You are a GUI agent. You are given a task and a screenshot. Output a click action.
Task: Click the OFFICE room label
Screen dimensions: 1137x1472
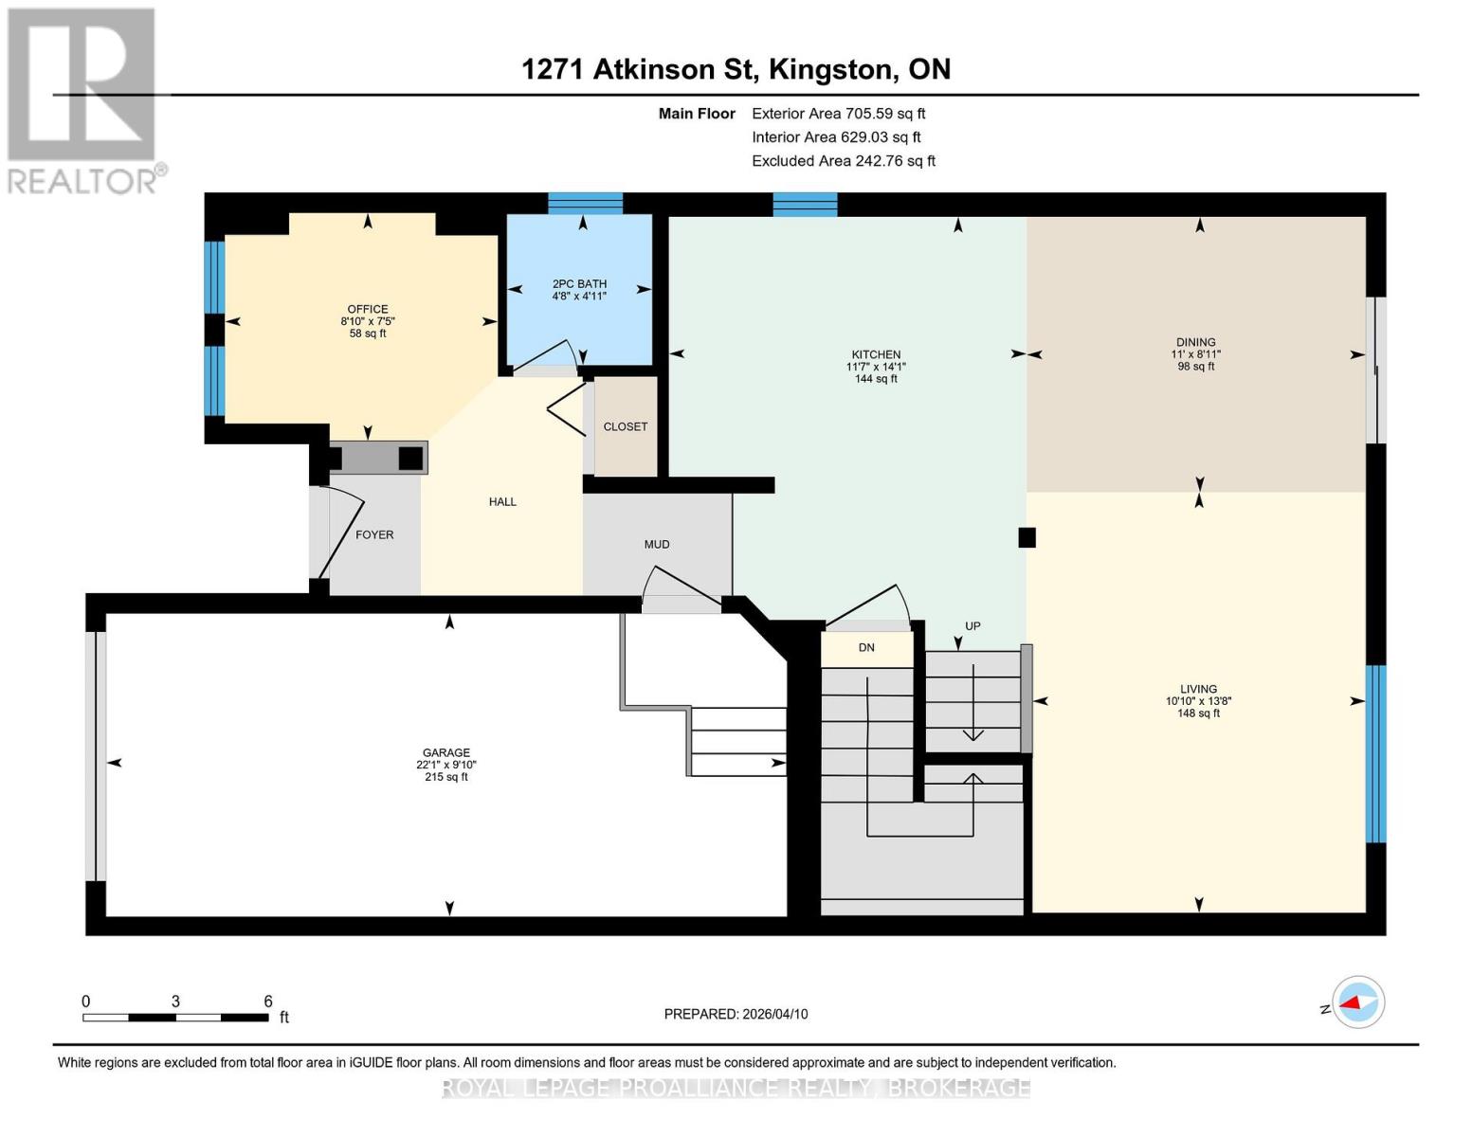[x=368, y=309]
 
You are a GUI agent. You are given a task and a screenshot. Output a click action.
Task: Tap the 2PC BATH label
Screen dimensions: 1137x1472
[x=579, y=284]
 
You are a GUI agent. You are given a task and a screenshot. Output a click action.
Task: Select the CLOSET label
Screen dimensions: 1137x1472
[x=626, y=426]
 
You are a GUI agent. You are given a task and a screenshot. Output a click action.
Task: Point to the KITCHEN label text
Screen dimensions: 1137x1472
[x=876, y=354]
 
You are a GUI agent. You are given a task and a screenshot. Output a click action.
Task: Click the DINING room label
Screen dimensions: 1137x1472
[x=1195, y=342]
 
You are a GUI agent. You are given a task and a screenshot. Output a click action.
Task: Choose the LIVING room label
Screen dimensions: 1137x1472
[x=1198, y=689]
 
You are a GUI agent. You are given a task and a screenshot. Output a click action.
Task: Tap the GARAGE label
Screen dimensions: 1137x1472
[x=445, y=752]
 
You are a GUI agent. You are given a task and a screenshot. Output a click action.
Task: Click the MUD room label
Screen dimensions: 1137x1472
[x=657, y=544]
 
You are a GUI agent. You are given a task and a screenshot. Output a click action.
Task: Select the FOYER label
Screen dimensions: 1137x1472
[x=374, y=534]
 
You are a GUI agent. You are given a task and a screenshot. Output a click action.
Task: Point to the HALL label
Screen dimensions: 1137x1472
[x=502, y=501]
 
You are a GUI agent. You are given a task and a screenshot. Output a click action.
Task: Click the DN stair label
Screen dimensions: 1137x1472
[x=866, y=647]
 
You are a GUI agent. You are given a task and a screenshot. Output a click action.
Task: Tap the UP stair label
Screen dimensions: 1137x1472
[x=972, y=626]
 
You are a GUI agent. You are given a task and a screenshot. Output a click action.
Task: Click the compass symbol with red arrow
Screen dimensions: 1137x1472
[x=1357, y=1002]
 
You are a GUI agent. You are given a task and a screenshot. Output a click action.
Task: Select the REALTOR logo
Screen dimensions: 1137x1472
[x=83, y=99]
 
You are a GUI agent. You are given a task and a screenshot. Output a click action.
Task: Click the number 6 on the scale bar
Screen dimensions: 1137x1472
[x=268, y=1002]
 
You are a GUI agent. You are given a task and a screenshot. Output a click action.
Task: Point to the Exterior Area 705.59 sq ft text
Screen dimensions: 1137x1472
[x=838, y=114]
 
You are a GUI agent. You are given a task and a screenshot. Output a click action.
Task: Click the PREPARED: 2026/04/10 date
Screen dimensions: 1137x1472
[x=736, y=1014]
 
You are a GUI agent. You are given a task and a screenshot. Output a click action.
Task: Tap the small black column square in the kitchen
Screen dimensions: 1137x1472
[x=1027, y=537]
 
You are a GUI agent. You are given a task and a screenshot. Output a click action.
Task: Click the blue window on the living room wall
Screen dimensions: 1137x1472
[x=1375, y=753]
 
